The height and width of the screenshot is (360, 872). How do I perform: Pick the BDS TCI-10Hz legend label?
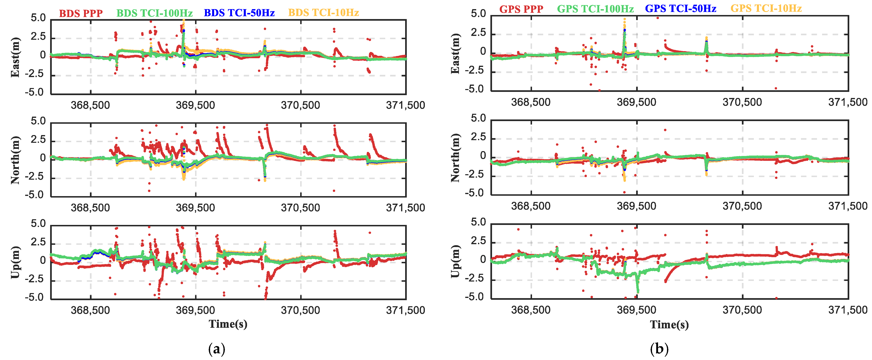323,13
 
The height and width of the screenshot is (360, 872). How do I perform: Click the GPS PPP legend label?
521,9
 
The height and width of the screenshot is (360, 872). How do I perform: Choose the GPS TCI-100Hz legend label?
595,9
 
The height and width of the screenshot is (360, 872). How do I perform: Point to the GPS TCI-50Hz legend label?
680,9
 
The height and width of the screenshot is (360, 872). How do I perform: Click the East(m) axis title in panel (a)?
15,57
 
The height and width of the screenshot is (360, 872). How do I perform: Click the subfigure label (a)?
217,348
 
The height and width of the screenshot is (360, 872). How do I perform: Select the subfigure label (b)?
659,348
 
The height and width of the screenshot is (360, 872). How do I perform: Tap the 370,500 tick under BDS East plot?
300,105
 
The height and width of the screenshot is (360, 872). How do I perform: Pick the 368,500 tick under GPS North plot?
530,206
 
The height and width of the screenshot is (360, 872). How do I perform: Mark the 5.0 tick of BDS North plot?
38,121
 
